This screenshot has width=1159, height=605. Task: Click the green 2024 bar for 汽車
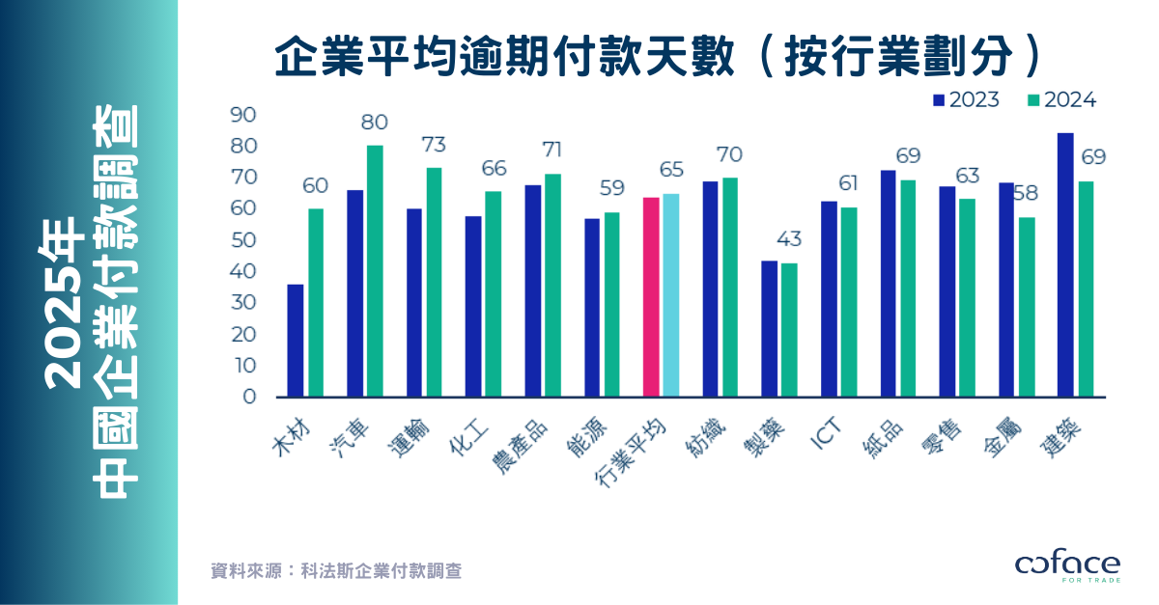coord(376,270)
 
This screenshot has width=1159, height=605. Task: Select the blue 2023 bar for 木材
coord(296,340)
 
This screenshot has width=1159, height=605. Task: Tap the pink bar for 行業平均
coord(652,296)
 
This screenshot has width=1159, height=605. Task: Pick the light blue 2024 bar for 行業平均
coord(671,295)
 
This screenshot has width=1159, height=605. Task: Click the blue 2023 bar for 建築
coord(1066,264)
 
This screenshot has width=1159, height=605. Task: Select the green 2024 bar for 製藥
coord(790,329)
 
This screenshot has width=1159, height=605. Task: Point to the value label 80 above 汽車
coord(375,124)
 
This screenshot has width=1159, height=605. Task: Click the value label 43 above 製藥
coord(789,239)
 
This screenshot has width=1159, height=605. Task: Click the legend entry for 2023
coord(966,100)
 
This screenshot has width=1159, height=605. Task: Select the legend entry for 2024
coord(1062,100)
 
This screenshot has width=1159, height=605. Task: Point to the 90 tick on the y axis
coord(243,115)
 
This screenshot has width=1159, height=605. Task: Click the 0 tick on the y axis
coord(249,397)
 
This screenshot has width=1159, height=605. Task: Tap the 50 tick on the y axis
coord(243,240)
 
